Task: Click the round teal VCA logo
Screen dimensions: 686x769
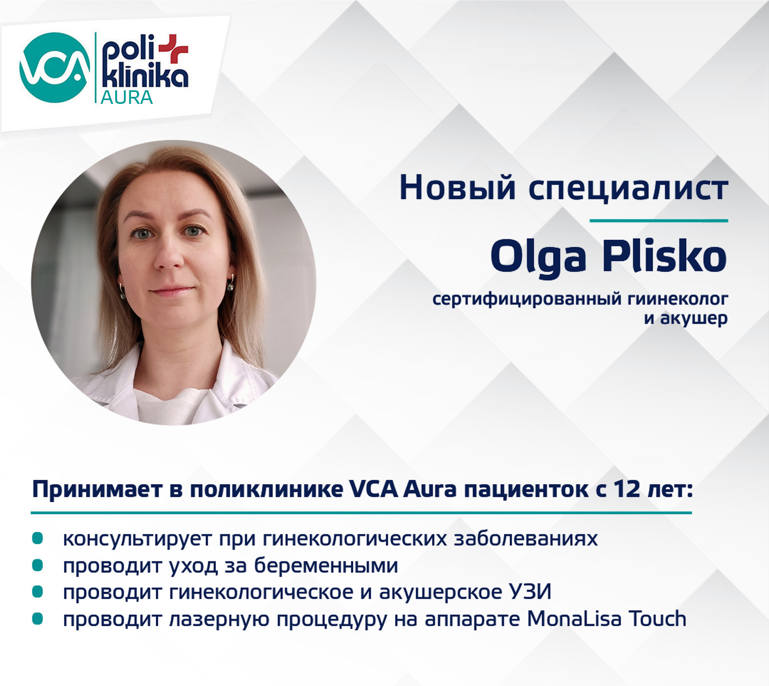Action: point(54,67)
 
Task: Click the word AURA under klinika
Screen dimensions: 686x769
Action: point(127,97)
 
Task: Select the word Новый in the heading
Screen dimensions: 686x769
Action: point(458,188)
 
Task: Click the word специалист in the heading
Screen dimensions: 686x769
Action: point(628,188)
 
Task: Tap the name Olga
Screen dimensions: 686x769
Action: point(538,256)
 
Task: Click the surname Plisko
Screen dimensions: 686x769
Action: point(664,256)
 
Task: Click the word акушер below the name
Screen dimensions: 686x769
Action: point(693,318)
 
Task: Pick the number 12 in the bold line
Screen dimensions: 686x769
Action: point(627,489)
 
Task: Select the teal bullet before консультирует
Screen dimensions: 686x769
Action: point(37,539)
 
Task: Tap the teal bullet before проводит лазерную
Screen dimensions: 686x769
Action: point(37,619)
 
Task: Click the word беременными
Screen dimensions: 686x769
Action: point(326,566)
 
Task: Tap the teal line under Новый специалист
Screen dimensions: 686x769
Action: point(659,221)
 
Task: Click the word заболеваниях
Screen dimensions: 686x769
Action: point(526,539)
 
